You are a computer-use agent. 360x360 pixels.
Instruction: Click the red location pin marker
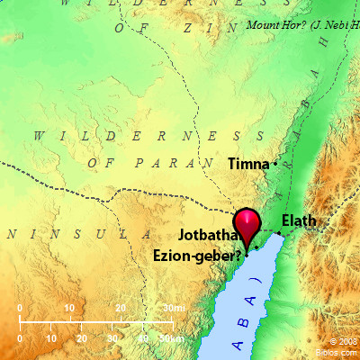(246, 222)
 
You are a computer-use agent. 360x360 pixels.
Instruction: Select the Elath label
(299, 220)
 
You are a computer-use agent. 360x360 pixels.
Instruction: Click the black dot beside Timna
(275, 163)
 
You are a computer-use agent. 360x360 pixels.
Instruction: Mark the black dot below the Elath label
(280, 234)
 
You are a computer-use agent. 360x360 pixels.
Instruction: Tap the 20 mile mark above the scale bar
(120, 310)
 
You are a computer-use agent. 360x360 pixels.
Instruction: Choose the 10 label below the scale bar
(50, 338)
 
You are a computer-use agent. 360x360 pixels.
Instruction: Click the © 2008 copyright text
(342, 342)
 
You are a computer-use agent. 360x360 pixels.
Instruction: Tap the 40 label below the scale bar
(143, 338)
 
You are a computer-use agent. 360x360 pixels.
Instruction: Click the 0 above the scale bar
(20, 310)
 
